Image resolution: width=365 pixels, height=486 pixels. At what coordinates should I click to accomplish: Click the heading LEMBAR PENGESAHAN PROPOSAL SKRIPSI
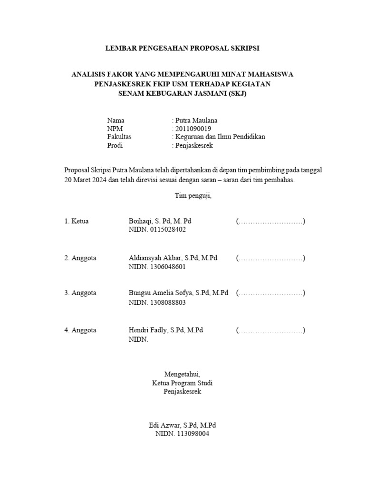tap(182, 48)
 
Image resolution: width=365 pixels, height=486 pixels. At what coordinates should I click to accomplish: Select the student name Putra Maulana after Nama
tap(196, 120)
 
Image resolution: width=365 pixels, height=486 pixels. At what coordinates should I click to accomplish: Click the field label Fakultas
tap(119, 137)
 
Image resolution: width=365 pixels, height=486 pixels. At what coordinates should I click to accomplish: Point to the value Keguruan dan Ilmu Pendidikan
tap(220, 137)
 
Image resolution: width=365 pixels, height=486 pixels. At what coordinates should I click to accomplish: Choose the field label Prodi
tap(115, 145)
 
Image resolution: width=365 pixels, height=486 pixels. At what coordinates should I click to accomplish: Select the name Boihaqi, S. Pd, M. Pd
tap(160, 221)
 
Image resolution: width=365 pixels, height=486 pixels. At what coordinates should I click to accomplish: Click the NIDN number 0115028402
tap(168, 230)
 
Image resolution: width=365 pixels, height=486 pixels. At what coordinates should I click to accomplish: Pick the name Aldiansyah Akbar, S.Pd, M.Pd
tap(173, 258)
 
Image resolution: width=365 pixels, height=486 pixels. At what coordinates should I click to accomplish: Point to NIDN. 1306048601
tap(157, 266)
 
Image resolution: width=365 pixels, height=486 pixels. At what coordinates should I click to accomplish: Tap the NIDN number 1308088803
tap(168, 302)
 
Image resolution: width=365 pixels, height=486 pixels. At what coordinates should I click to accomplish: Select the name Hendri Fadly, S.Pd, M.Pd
tap(166, 330)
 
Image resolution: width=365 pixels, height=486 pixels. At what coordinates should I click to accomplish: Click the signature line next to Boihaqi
tap(270, 222)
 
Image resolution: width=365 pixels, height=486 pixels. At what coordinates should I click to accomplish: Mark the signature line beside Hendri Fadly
tap(270, 330)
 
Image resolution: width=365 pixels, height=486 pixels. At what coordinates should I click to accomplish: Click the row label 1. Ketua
tap(77, 221)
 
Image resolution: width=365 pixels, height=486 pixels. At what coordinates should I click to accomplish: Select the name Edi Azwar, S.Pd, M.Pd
tap(182, 425)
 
